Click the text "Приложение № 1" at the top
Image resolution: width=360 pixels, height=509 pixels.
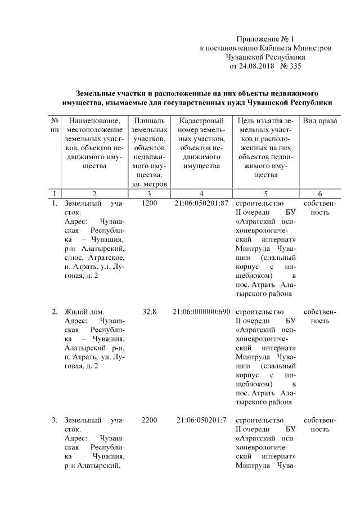266,39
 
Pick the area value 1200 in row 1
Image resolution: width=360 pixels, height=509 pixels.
150,203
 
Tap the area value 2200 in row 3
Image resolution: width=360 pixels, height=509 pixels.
150,420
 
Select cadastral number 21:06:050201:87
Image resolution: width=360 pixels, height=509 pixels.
201,203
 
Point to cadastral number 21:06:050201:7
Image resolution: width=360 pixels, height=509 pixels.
201,420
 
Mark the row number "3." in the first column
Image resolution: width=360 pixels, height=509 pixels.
55,420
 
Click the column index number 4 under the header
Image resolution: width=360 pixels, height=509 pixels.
201,193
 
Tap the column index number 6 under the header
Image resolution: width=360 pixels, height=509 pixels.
319,193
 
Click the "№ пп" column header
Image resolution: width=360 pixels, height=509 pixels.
55,125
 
